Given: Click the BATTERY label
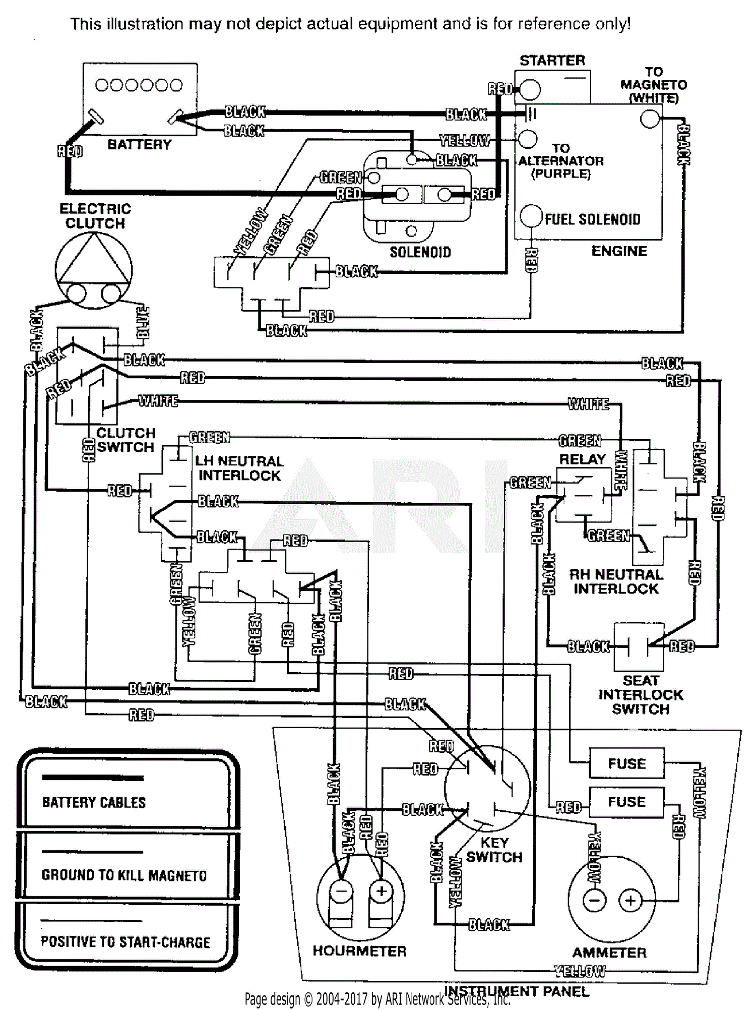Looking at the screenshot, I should tap(139, 145).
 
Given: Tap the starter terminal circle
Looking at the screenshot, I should tap(530, 90).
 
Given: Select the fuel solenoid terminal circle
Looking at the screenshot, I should tap(531, 216).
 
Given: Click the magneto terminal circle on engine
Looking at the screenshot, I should tap(650, 119).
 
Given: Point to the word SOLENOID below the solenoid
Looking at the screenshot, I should tap(420, 252).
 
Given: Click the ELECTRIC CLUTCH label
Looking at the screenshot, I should tap(95, 216).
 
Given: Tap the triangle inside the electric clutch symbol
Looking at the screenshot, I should tap(94, 262).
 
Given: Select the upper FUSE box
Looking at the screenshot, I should tap(626, 763).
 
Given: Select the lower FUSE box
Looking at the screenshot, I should tap(626, 802).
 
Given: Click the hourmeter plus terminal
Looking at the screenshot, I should tap(382, 891).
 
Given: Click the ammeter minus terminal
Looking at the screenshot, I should tap(595, 901).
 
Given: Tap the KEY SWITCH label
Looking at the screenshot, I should tap(494, 850).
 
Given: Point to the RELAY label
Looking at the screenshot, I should tap(582, 459).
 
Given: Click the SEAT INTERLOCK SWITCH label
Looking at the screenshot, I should tap(641, 695).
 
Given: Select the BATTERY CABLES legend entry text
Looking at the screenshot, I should tap(94, 802).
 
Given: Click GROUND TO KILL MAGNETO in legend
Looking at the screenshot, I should tap(124, 875).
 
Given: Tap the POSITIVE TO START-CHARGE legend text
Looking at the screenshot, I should tap(125, 942).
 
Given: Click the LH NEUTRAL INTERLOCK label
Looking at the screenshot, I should tap(239, 468).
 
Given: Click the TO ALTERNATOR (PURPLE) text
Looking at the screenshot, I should tap(560, 161).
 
